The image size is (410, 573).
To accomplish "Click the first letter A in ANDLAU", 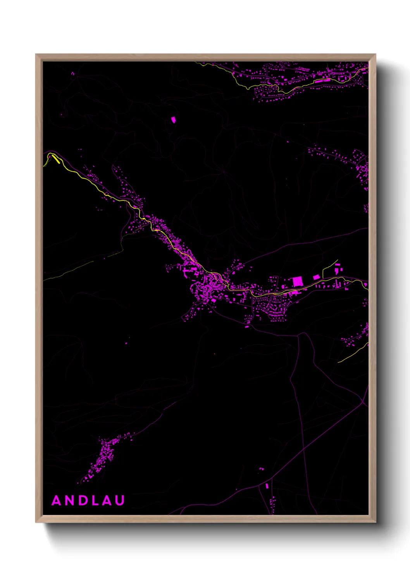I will [x=57, y=501].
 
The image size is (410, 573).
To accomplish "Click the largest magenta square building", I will [x=297, y=281].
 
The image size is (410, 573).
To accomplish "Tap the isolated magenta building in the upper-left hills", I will [x=173, y=120].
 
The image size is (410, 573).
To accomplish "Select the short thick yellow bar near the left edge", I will [x=56, y=159].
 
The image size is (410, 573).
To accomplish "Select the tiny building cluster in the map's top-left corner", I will [x=72, y=74].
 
